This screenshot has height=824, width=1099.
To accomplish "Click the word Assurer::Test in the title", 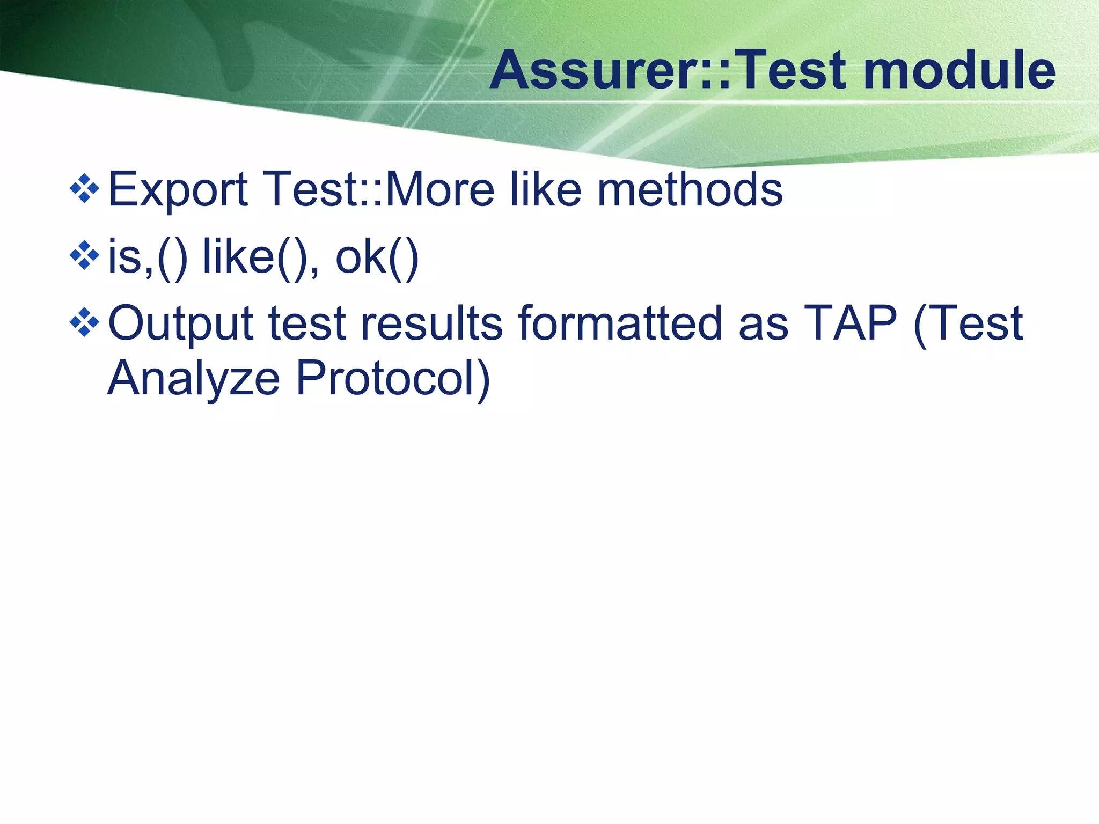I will click(669, 70).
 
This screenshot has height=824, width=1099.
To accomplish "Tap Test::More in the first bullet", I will click(378, 189).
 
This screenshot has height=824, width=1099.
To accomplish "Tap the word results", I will click(431, 324).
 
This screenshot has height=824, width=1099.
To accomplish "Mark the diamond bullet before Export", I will click(85, 188).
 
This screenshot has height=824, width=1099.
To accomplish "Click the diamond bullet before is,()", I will click(85, 255).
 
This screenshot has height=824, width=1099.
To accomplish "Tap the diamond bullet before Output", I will click(85, 322).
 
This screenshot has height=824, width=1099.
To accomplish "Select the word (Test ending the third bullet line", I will click(968, 324).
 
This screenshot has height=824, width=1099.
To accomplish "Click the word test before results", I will click(307, 324).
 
